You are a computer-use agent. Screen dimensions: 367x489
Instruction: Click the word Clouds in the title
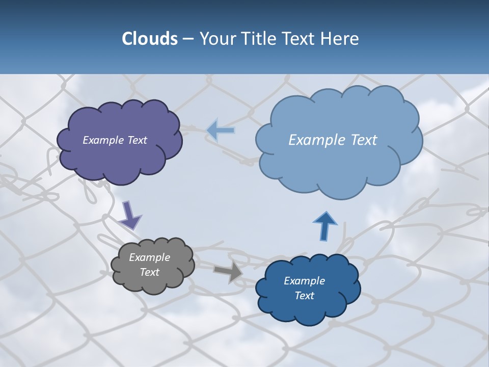click(149, 39)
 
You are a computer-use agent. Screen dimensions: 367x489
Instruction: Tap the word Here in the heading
click(340, 39)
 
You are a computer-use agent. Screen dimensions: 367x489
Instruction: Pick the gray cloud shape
click(153, 283)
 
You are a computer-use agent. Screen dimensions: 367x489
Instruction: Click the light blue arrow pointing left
click(221, 130)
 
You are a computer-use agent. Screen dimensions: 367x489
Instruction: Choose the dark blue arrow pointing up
click(324, 225)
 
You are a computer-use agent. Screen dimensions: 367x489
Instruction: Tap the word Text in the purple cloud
click(137, 140)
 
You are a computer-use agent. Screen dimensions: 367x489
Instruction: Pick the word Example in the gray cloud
click(149, 257)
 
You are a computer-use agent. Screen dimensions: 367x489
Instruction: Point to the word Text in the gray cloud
click(149, 272)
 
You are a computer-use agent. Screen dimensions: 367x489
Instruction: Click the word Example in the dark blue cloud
click(304, 281)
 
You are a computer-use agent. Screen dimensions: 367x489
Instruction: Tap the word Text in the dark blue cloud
click(304, 296)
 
